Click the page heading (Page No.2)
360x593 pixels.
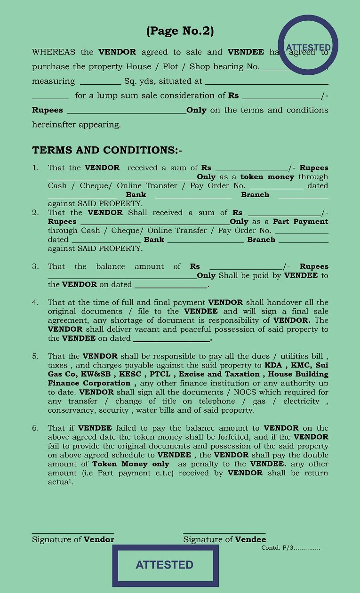tap(180, 32)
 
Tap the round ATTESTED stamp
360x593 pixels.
tap(308, 45)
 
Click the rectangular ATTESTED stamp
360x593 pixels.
tap(165, 565)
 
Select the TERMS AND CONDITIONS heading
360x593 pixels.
tap(107, 151)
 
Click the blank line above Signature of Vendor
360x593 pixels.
tap(73, 532)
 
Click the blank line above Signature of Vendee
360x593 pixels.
tap(224, 532)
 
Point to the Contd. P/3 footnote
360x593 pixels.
tap(290, 548)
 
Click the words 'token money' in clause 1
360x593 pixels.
tap(267, 177)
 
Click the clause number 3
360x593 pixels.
tap(35, 266)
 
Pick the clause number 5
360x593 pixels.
tap(35, 356)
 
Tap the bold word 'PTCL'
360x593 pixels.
tap(160, 374)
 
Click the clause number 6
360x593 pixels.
tap(35, 428)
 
